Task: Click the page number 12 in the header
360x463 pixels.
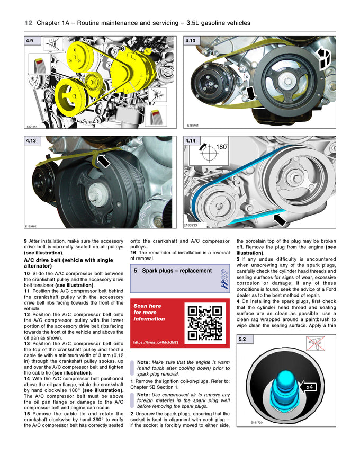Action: (29, 23)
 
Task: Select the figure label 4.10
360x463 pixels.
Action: (191, 41)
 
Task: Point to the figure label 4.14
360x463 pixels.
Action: (191, 141)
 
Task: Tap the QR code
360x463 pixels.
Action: (204, 323)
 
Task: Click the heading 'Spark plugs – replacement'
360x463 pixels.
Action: (173, 271)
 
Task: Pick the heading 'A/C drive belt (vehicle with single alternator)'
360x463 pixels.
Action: (68, 263)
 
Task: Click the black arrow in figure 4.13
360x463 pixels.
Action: (104, 161)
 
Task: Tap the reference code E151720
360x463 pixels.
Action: (258, 423)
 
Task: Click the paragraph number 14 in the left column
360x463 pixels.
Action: (26, 378)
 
